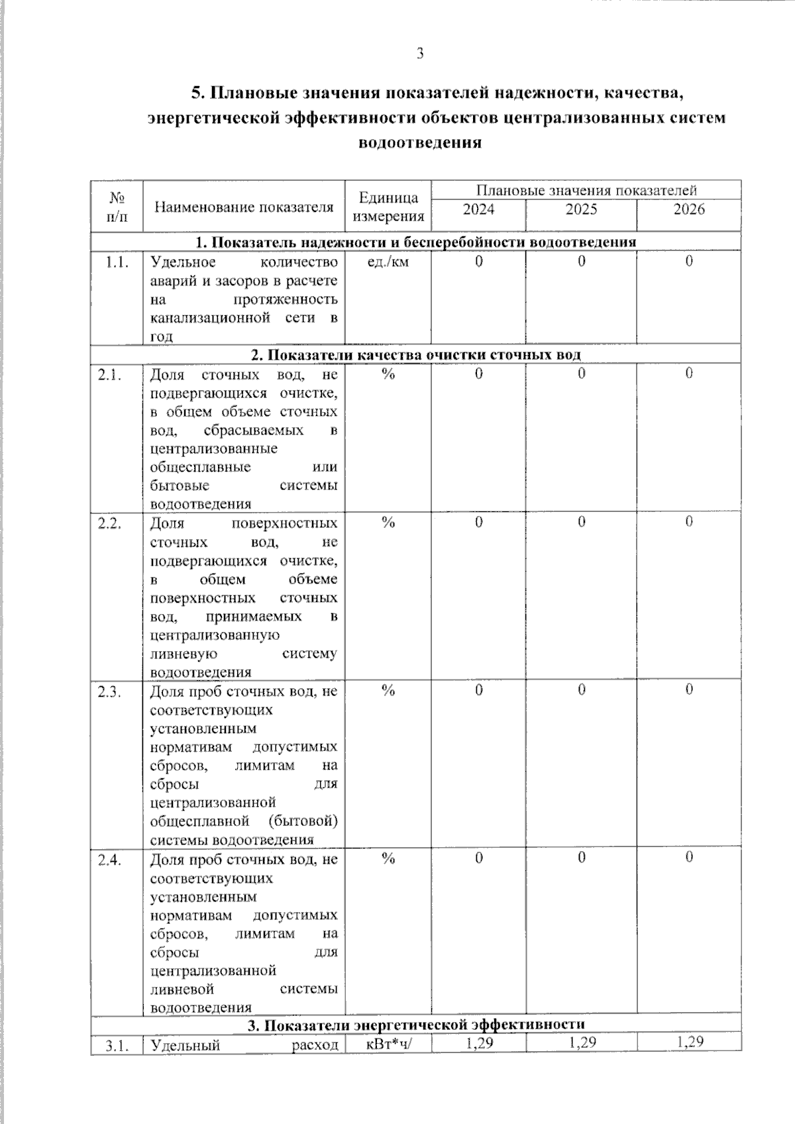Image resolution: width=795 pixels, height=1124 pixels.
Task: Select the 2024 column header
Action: click(x=478, y=210)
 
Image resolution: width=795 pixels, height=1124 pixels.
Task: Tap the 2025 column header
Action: click(x=581, y=210)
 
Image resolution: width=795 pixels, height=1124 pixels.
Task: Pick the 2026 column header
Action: click(x=689, y=210)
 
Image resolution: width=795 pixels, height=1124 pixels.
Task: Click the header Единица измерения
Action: click(x=388, y=207)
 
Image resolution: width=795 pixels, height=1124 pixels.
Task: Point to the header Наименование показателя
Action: click(x=244, y=207)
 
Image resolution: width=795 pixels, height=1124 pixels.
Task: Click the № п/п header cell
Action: click(x=117, y=207)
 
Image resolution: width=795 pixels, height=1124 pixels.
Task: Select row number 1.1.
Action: click(x=117, y=262)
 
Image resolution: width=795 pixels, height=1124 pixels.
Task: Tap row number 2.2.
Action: click(x=109, y=523)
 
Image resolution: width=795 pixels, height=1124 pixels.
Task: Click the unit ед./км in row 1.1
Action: click(x=388, y=262)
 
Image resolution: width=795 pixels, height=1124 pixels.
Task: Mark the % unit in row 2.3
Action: click(x=388, y=691)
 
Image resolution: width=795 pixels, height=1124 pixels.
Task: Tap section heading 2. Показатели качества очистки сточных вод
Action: click(x=415, y=355)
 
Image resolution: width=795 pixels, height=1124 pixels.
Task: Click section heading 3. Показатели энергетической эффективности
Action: click(x=415, y=1026)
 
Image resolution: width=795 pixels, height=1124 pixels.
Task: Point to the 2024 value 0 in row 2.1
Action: click(x=478, y=374)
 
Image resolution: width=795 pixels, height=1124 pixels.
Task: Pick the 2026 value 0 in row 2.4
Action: click(x=689, y=858)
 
